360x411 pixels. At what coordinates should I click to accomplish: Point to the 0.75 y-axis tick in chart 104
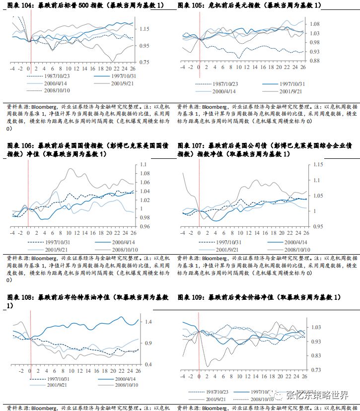point(144,62)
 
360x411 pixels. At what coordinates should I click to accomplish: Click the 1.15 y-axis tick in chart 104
point(144,29)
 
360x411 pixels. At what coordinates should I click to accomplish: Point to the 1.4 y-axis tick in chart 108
point(146,322)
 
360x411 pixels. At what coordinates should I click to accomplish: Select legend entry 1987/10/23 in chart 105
point(226,84)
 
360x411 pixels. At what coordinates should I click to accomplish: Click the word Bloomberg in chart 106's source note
point(46,259)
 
